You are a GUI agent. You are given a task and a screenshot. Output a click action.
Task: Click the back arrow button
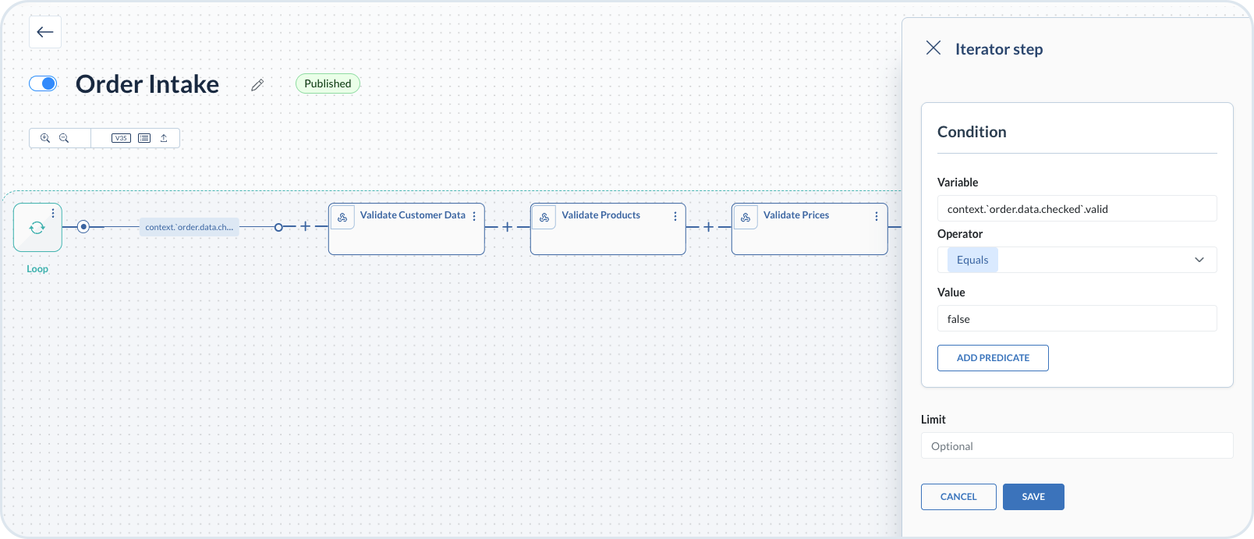[x=45, y=33]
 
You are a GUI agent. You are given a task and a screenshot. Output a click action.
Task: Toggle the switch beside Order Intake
[x=43, y=83]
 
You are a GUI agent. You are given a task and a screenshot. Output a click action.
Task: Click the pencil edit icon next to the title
[x=257, y=85]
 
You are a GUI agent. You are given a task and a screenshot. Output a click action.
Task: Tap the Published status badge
[x=328, y=83]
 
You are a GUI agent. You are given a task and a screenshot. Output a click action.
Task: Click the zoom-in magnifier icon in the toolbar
[x=45, y=138]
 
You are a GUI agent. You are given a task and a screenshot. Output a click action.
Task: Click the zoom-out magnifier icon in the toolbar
[x=64, y=138]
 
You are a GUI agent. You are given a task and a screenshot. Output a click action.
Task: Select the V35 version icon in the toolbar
[x=121, y=138]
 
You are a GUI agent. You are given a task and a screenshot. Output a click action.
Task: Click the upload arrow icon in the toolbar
[x=164, y=138]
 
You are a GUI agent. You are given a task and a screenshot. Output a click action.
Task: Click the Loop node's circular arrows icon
[x=37, y=228]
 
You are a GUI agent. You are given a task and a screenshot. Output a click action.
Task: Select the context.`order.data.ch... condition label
[x=189, y=227]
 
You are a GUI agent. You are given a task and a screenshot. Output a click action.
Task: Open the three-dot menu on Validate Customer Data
[x=474, y=216]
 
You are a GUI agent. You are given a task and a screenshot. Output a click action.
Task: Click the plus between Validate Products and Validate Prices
[x=708, y=227]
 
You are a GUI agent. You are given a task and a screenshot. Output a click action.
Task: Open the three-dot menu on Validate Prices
[x=877, y=216]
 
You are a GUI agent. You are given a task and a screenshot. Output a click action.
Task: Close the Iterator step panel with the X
[x=933, y=48]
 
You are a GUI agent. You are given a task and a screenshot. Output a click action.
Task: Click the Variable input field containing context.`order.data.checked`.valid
[x=1076, y=209]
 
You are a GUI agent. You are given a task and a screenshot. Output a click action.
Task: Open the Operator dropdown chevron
[x=1199, y=260]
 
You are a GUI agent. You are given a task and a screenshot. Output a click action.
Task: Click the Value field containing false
[x=1076, y=319]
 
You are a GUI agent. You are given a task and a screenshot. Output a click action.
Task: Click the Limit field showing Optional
[x=1076, y=446]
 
